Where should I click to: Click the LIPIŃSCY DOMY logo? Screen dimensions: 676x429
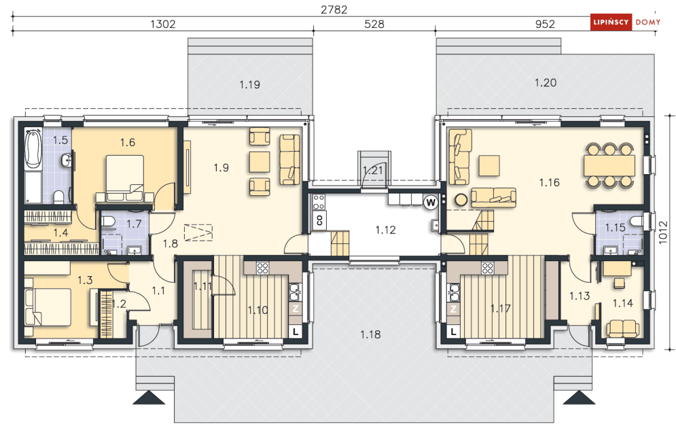pyautogui.click(x=626, y=22)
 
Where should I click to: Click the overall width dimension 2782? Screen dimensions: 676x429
pyautogui.click(x=334, y=10)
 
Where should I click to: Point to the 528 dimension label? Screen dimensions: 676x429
pyautogui.click(x=374, y=24)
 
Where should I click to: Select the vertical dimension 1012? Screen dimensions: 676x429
pyautogui.click(x=663, y=233)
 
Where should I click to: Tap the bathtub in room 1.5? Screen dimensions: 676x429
pyautogui.click(x=33, y=150)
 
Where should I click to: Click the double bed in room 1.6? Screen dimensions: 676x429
pyautogui.click(x=125, y=178)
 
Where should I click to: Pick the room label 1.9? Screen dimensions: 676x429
pyautogui.click(x=221, y=167)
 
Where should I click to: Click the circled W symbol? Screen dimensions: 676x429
pyautogui.click(x=430, y=203)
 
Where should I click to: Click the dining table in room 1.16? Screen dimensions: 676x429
pyautogui.click(x=609, y=165)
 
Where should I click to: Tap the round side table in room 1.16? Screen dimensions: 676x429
pyautogui.click(x=461, y=200)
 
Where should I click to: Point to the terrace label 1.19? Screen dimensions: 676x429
pyautogui.click(x=249, y=84)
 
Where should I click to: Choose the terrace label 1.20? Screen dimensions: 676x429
pyautogui.click(x=546, y=82)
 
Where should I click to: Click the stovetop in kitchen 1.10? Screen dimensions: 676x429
pyautogui.click(x=262, y=268)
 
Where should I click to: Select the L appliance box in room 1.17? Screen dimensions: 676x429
pyautogui.click(x=453, y=332)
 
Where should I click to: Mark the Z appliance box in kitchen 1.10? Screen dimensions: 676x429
pyautogui.click(x=296, y=309)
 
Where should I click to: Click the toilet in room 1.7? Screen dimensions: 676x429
pyautogui.click(x=108, y=222)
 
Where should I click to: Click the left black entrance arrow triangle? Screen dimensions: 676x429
pyautogui.click(x=149, y=398)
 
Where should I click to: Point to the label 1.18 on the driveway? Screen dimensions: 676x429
pyautogui.click(x=370, y=334)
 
